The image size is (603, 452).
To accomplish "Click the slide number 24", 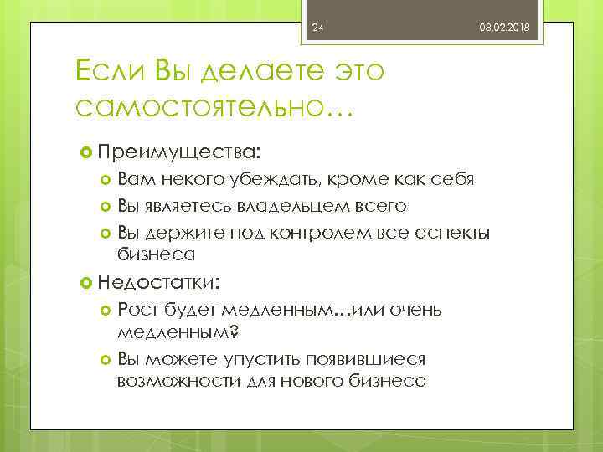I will click(x=317, y=29).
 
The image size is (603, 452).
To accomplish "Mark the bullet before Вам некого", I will click(x=106, y=181).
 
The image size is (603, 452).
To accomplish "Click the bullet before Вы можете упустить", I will click(x=106, y=360).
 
